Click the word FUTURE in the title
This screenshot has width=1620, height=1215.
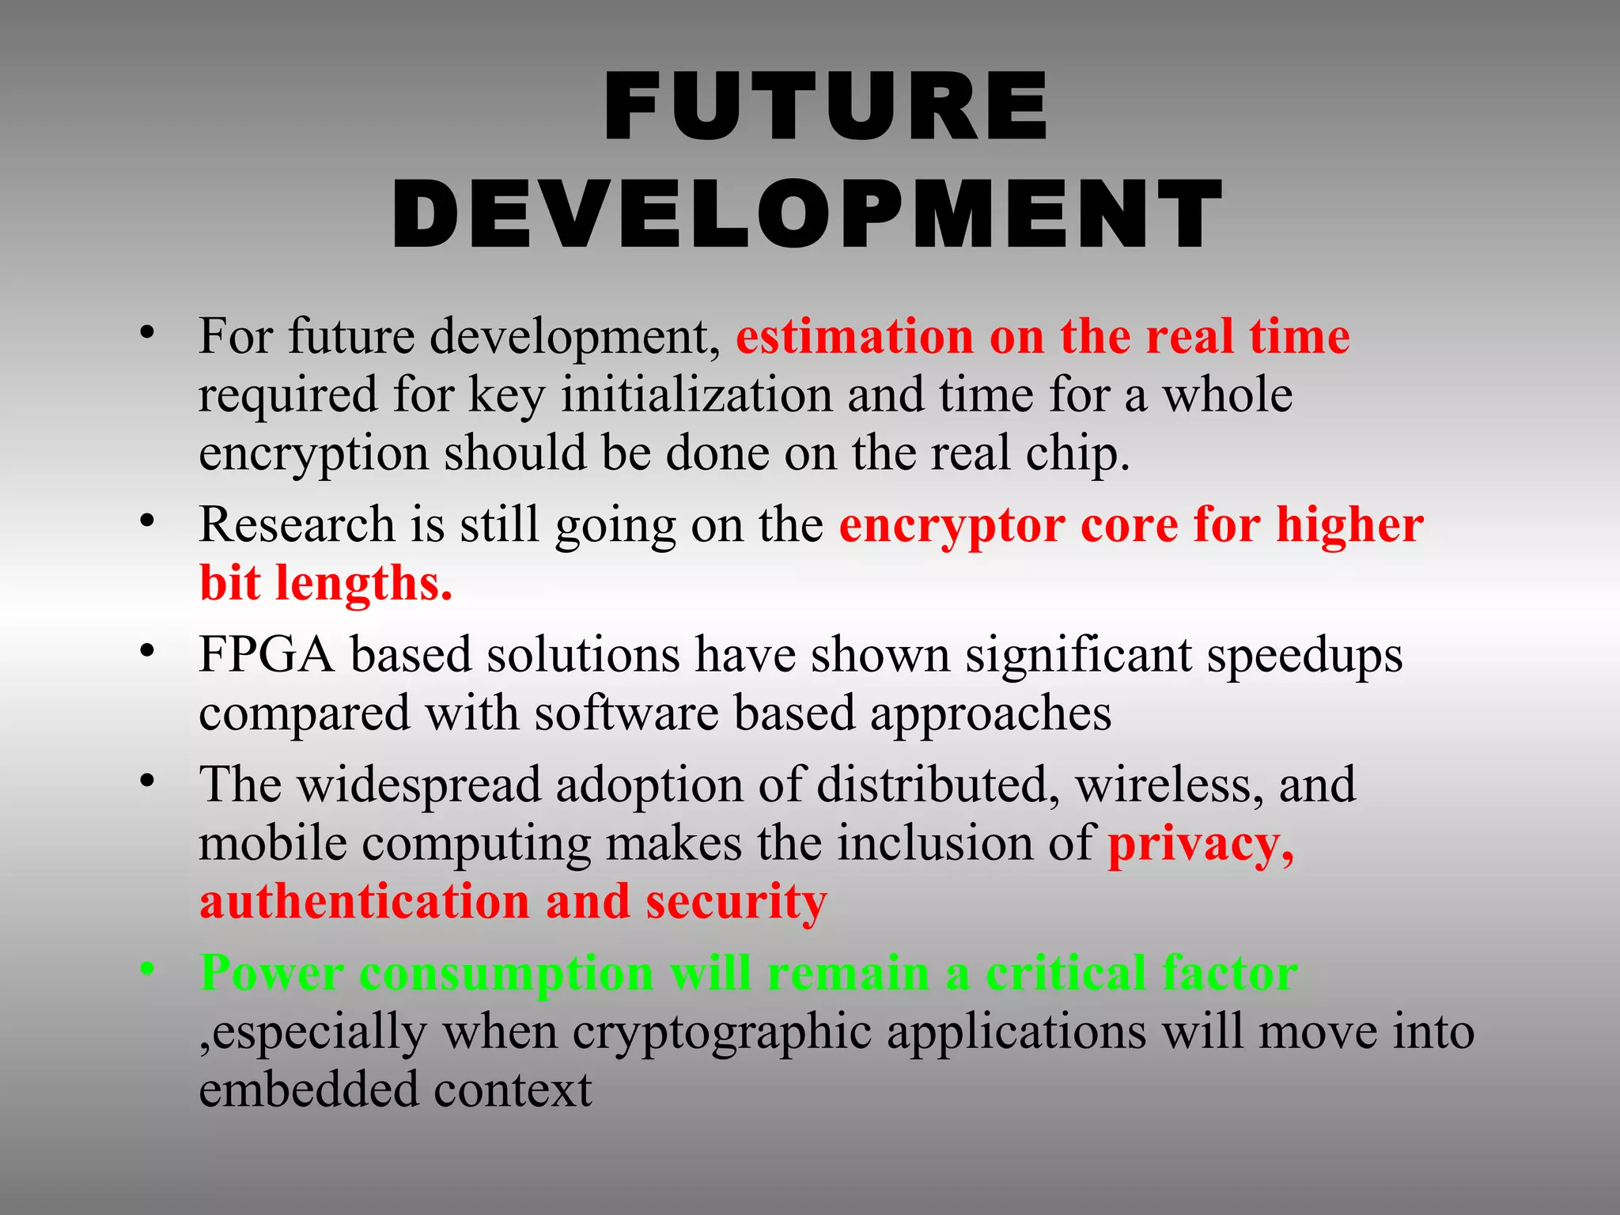click(x=826, y=107)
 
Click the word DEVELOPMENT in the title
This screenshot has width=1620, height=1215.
click(x=807, y=215)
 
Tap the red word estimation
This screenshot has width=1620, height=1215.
click(x=854, y=337)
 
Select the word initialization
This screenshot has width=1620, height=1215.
click(x=696, y=395)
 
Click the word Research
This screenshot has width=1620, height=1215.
click(x=297, y=524)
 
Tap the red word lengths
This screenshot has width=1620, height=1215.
click(x=364, y=584)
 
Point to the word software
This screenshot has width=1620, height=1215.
click(x=626, y=713)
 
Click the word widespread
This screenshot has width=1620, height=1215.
click(x=418, y=785)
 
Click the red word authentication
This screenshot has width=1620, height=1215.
click(x=365, y=902)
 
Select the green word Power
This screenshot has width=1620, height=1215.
click(x=272, y=973)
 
